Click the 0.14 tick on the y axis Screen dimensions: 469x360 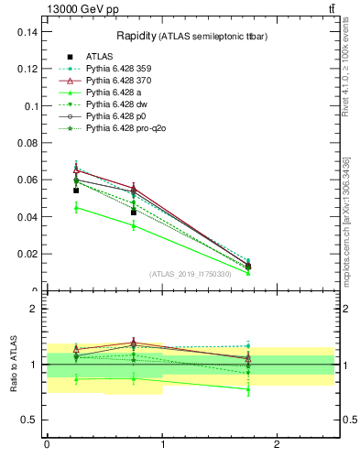point(29,31)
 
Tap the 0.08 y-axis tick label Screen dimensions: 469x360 point(29,143)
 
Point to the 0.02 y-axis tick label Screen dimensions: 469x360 point(29,254)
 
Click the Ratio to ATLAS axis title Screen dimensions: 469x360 point(14,365)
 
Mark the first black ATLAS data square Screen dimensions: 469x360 point(76,191)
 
